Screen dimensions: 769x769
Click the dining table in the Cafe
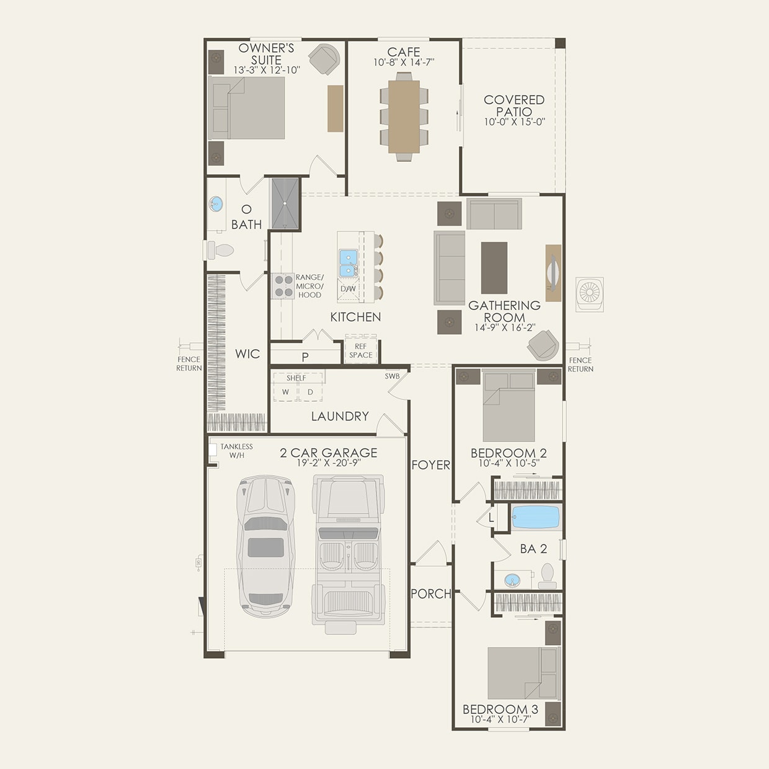click(x=404, y=117)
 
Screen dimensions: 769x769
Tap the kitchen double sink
click(x=348, y=262)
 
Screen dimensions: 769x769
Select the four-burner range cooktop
click(x=283, y=287)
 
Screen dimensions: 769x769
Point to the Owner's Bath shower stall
click(x=285, y=203)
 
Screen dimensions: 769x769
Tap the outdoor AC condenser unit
click(x=589, y=294)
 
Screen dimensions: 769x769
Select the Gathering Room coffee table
click(x=494, y=267)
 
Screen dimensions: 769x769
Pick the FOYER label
click(x=431, y=465)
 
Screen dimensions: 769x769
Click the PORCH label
click(x=431, y=593)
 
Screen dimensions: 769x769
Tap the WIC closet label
click(x=247, y=353)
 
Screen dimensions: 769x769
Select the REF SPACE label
click(x=361, y=351)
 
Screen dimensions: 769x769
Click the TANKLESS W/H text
click(x=236, y=451)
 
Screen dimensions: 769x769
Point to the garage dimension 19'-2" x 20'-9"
click(x=328, y=463)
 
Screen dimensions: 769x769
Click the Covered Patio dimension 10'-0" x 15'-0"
click(x=514, y=122)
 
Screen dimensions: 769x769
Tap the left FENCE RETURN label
click(x=189, y=363)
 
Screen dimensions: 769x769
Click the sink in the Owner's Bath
click(x=216, y=203)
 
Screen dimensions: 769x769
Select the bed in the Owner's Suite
click(x=247, y=108)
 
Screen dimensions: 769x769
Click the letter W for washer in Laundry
click(x=285, y=392)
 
